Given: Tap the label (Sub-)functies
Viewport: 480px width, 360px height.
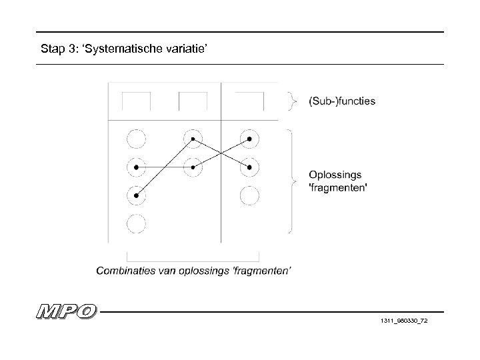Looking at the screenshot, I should pyautogui.click(x=341, y=101).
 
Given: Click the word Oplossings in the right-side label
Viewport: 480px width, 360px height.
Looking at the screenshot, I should pyautogui.click(x=335, y=175).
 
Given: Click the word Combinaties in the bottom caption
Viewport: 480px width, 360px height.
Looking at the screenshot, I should pyautogui.click(x=124, y=270).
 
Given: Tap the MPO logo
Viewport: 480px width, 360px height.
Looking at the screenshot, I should pyautogui.click(x=67, y=311).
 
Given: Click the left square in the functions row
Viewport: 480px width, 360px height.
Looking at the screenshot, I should pyautogui.click(x=136, y=101).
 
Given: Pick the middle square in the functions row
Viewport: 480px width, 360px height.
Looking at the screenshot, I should pyautogui.click(x=193, y=101).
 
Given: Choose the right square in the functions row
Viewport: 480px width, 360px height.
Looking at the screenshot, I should pyautogui.click(x=249, y=101).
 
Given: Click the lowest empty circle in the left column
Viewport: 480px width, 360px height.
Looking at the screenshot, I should pyautogui.click(x=136, y=224).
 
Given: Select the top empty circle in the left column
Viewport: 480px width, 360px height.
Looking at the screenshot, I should pyautogui.click(x=136, y=139).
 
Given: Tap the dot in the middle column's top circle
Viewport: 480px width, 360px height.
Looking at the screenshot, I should pyautogui.click(x=193, y=139).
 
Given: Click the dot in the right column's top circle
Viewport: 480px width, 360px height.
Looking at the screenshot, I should pyautogui.click(x=249, y=139).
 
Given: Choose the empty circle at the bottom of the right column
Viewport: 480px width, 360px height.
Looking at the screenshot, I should pyautogui.click(x=249, y=195).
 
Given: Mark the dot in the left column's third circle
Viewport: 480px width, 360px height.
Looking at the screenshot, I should pyautogui.click(x=136, y=195).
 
